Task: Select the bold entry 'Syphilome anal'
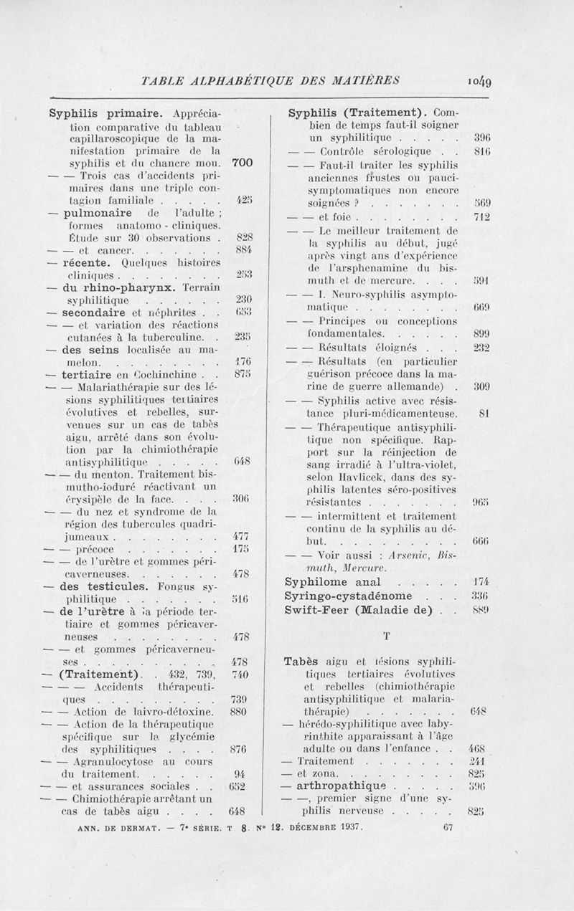click(x=334, y=582)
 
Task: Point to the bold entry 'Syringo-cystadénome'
click(x=350, y=596)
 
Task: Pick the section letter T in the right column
click(x=387, y=635)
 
